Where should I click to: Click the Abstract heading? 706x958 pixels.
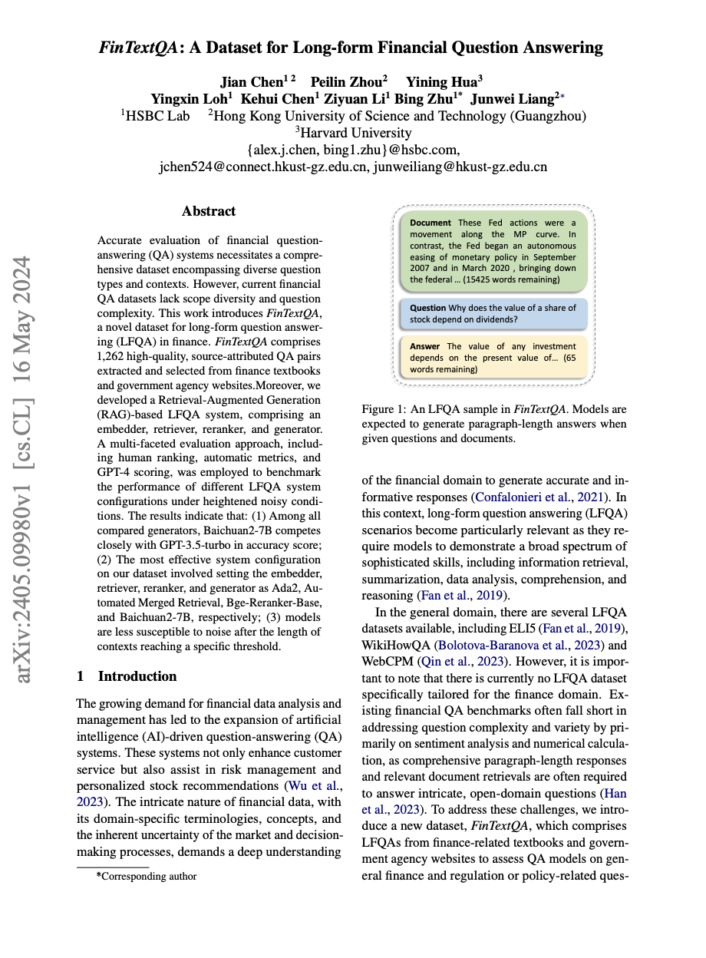click(209, 211)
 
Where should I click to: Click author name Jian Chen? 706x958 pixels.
click(252, 82)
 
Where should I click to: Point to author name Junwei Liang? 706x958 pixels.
click(513, 99)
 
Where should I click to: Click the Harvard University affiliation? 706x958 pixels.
click(353, 133)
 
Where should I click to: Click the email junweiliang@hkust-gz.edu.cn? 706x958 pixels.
click(460, 167)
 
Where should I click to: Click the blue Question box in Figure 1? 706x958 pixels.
click(493, 313)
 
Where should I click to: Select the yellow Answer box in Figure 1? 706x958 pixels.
click(493, 357)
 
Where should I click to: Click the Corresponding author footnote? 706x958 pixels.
click(148, 876)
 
